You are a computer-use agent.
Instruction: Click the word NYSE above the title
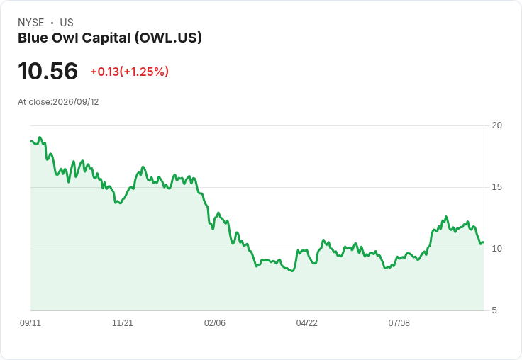[x=31, y=23]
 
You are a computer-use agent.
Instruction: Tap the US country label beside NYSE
[x=67, y=23]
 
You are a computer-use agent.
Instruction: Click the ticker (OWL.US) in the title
[x=169, y=38]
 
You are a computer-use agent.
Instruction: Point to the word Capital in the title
[x=106, y=38]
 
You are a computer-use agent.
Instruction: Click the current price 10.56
[x=48, y=71]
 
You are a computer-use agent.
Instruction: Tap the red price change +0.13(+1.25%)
[x=130, y=72]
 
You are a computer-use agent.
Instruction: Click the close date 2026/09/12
[x=76, y=102]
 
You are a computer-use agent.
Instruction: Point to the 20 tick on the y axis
[x=496, y=125]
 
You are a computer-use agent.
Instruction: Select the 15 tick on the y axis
[x=496, y=187]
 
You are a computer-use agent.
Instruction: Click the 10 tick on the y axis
[x=496, y=249]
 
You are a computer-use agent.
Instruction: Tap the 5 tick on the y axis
[x=494, y=310]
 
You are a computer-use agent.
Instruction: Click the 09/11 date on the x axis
[x=30, y=323]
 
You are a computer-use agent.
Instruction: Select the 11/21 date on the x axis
[x=123, y=323]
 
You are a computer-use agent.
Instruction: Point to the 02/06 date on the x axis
[x=215, y=323]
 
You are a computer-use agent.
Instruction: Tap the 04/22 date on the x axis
[x=307, y=323]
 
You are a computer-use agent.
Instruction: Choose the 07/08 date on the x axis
[x=399, y=323]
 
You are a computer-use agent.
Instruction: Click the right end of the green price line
[x=484, y=242]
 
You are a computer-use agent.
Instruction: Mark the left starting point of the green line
[x=31, y=142]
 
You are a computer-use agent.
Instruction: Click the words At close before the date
[x=35, y=102]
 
